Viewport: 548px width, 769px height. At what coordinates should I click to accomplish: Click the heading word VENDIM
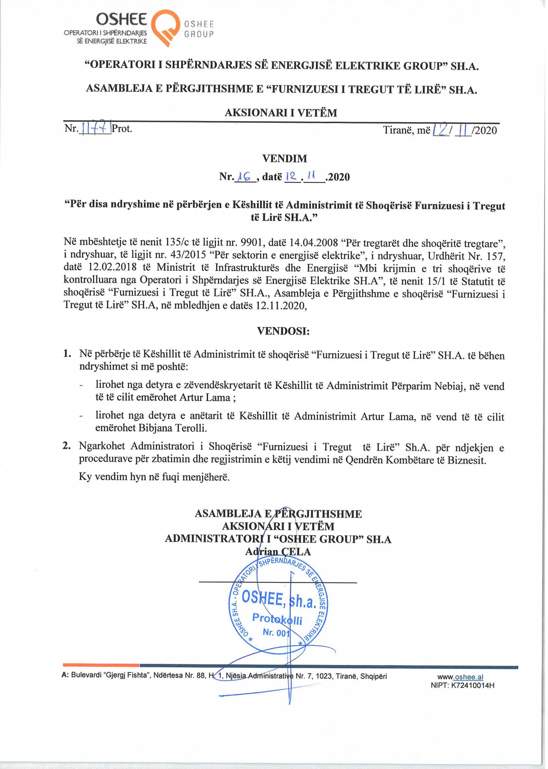[285, 158]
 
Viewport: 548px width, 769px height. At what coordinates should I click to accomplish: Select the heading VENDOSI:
[283, 331]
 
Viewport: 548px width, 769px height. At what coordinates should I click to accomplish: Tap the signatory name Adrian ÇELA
[278, 551]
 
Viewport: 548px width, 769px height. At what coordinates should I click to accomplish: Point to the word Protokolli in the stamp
[277, 618]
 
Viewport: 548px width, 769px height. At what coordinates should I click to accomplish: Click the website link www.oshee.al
[460, 676]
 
